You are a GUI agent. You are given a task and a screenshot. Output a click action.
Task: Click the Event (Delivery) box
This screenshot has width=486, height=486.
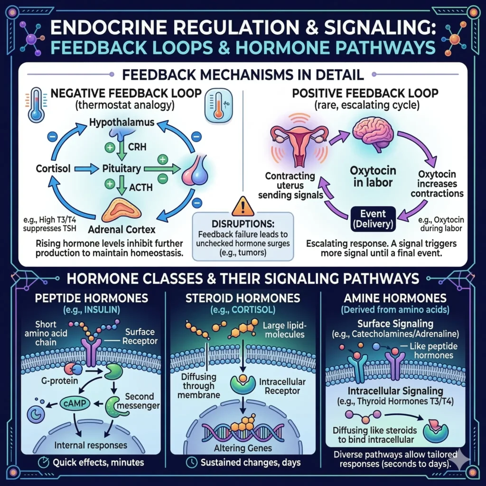click(x=373, y=217)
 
